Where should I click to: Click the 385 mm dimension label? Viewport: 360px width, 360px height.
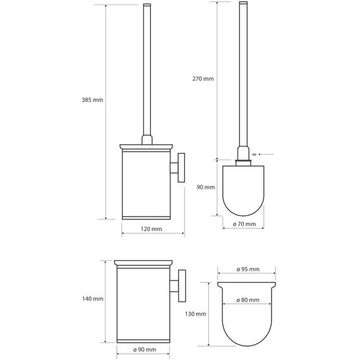pos(92,100)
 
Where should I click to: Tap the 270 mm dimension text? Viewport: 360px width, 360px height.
pos(203,79)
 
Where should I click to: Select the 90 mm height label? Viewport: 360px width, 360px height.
pos(206,187)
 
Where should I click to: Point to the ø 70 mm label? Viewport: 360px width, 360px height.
pos(244,224)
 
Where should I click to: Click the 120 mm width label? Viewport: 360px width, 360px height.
pos(152,229)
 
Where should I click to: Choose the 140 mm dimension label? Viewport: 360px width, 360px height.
pos(93,299)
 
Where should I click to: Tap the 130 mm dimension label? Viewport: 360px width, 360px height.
pos(196,314)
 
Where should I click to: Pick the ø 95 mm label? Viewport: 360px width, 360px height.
pos(248,269)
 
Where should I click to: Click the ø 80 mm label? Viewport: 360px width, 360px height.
pos(248,300)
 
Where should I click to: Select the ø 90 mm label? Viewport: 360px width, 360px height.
pos(145,350)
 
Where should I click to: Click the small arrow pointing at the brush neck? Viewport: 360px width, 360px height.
pos(266,154)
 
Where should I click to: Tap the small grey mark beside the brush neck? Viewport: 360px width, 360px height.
pos(254,155)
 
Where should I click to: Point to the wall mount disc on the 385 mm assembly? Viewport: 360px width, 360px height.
pos(181,167)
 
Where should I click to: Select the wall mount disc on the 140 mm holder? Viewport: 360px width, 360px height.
pos(182,285)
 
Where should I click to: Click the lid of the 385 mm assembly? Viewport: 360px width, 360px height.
pos(146,147)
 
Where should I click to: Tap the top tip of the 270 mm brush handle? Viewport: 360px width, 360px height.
pos(243,2)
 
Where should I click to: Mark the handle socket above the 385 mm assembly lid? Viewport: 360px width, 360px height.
pos(147,140)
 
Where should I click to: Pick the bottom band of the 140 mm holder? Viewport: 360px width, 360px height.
pos(143,341)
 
